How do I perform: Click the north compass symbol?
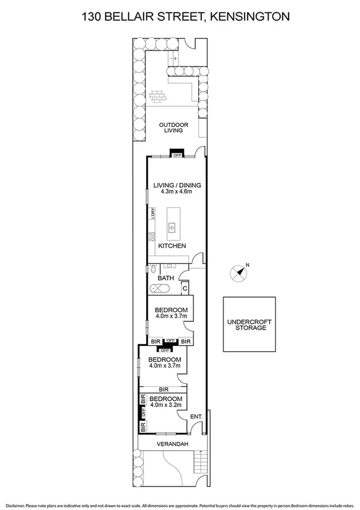239,272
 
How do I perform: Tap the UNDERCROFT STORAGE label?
249,325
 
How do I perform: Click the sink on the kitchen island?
172,227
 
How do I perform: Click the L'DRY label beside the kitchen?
153,214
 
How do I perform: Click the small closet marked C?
185,287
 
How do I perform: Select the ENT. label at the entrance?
196,416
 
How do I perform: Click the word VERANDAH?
173,444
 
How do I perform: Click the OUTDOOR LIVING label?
174,127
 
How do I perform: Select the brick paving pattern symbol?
158,96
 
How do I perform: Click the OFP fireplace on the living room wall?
177,154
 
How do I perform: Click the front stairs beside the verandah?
201,463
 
